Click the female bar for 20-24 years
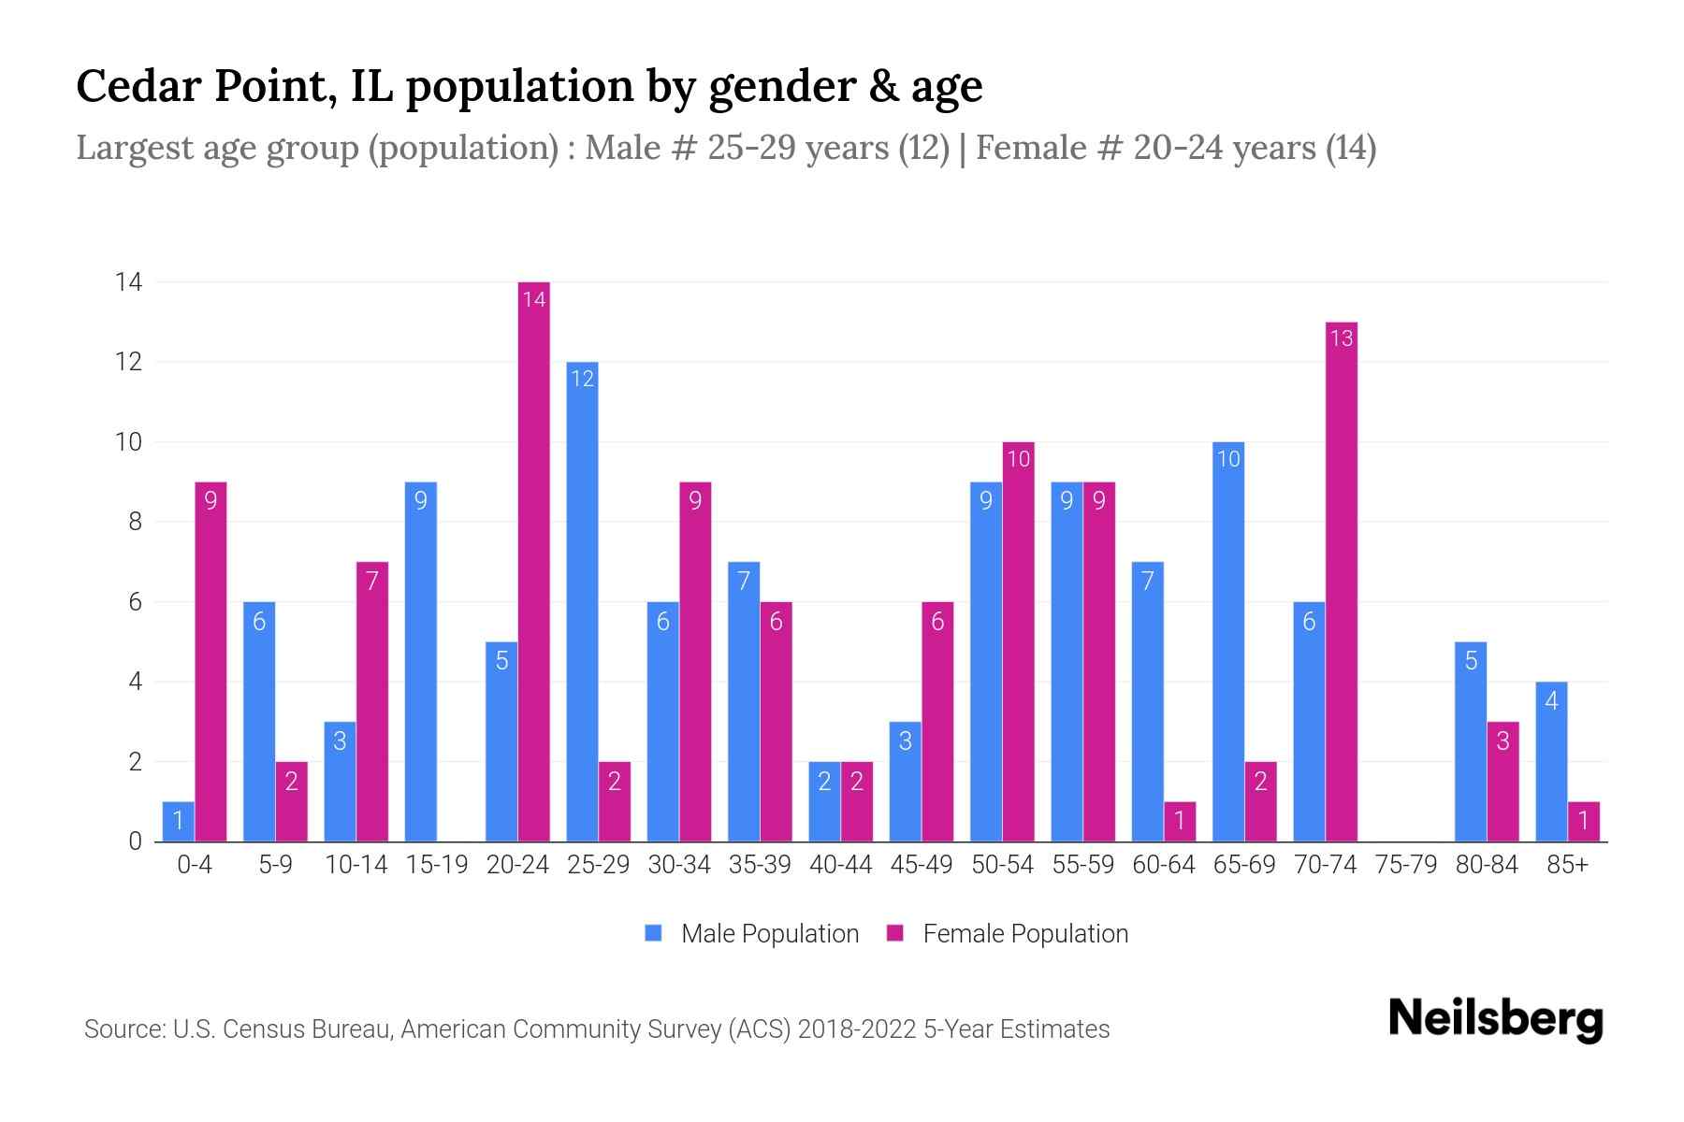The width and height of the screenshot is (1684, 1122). tap(533, 561)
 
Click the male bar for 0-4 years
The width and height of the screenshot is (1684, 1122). tap(178, 822)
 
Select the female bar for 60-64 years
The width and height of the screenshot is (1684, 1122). tap(1180, 822)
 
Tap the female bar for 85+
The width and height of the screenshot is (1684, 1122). tap(1583, 822)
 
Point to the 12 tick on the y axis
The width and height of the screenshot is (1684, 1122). tap(128, 362)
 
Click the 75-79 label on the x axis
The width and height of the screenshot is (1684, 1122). tap(1405, 865)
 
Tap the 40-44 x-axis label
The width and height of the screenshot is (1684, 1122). tap(840, 865)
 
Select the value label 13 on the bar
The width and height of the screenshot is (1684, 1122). tap(1341, 338)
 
